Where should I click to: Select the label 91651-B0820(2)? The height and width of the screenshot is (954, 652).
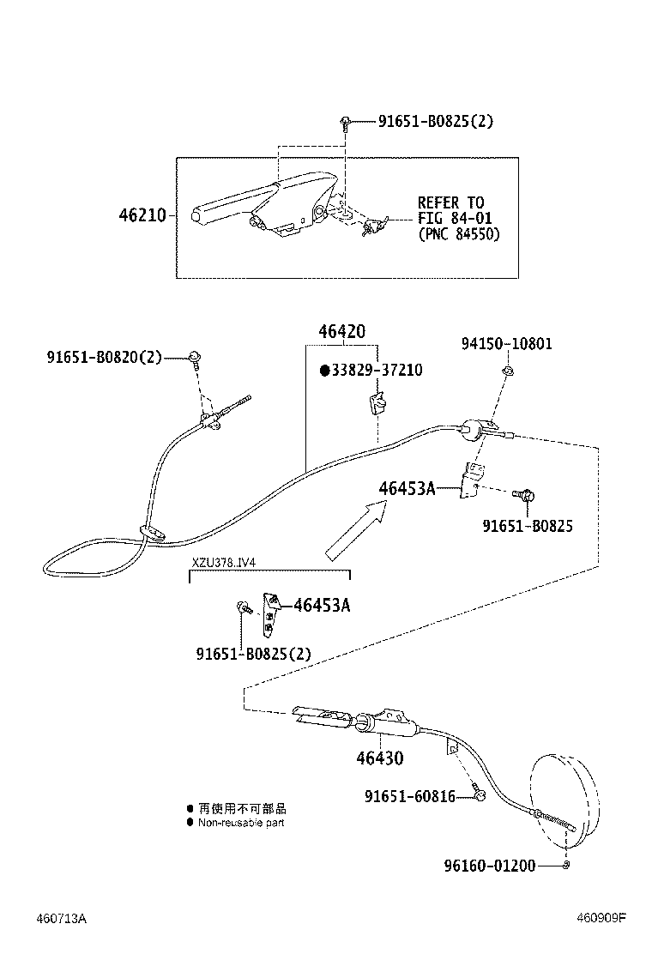105,356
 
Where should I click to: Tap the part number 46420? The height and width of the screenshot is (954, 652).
341,331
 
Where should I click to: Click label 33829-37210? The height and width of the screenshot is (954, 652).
377,371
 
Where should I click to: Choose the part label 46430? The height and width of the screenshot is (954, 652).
380,758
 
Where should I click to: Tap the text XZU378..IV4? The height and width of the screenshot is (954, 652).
224,563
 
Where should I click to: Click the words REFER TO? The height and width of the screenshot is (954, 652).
450,203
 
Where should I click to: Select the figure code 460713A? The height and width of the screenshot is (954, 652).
61,918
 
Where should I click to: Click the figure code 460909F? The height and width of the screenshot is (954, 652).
601,918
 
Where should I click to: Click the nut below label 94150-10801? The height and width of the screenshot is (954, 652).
507,371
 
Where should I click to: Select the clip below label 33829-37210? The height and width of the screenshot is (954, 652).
376,402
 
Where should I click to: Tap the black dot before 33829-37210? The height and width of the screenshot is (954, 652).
324,371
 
